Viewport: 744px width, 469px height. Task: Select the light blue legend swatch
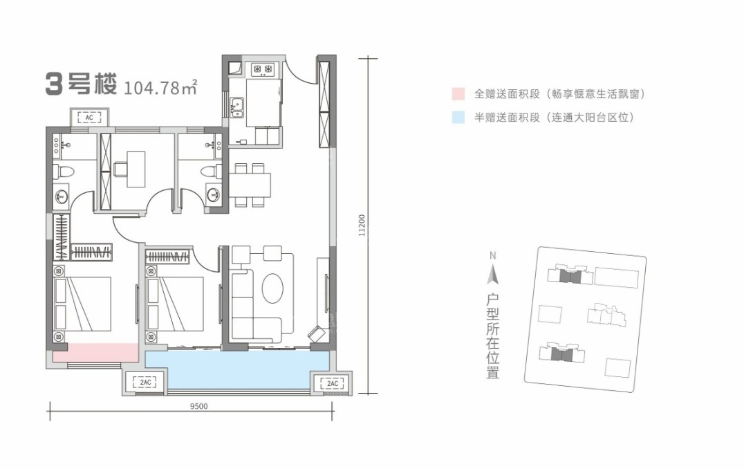[457, 118]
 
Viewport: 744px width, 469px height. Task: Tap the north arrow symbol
[492, 275]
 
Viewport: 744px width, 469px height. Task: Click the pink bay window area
[96, 351]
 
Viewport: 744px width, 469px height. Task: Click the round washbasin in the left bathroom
[62, 196]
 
